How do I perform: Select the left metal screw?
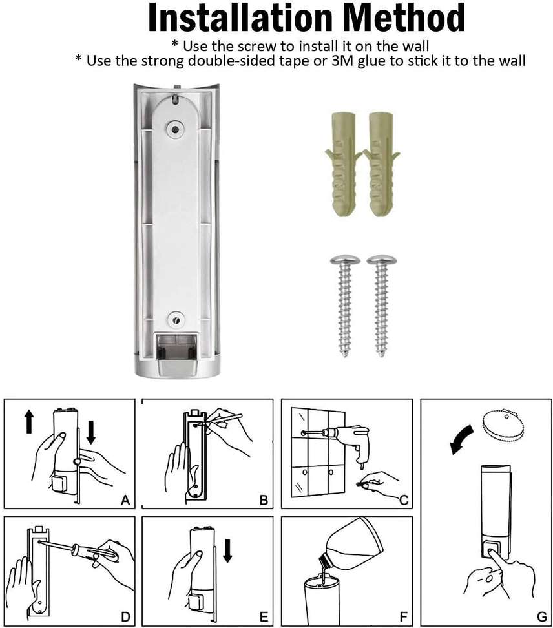tap(344, 304)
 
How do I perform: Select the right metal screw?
tap(381, 304)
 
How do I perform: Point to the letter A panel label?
tap(125, 499)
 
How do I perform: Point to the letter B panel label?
tap(263, 499)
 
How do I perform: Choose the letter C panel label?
tap(403, 499)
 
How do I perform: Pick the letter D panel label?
tap(125, 617)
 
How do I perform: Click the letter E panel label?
tap(263, 617)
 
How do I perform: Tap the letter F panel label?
tap(403, 617)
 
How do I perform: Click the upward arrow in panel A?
tap(29, 423)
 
